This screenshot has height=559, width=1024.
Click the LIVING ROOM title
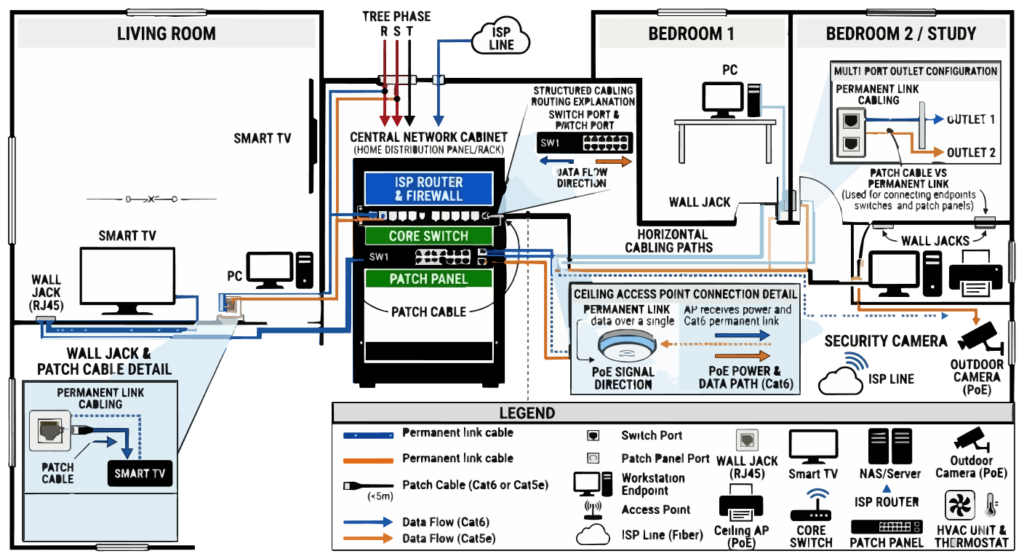pos(167,34)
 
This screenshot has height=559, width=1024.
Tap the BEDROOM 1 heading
pos(691,34)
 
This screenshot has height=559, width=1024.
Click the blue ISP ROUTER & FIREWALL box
pos(428,189)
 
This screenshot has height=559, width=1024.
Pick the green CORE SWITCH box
pos(428,236)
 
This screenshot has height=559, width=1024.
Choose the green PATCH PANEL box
pos(428,279)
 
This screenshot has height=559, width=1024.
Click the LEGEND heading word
pos(527,413)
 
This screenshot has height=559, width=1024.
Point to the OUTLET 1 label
pos(971,119)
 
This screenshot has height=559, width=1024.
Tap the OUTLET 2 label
pos(971,153)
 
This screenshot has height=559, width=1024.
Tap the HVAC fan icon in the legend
pos(959,505)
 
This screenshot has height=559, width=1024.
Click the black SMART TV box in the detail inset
pos(140,474)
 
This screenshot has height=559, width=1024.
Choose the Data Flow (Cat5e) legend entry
pos(448,539)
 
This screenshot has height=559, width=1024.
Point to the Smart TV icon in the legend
pos(813,445)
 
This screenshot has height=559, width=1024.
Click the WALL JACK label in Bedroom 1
pos(700,202)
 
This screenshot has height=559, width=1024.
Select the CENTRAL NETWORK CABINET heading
pos(428,138)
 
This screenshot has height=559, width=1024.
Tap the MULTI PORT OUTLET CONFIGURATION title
pos(915,71)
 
